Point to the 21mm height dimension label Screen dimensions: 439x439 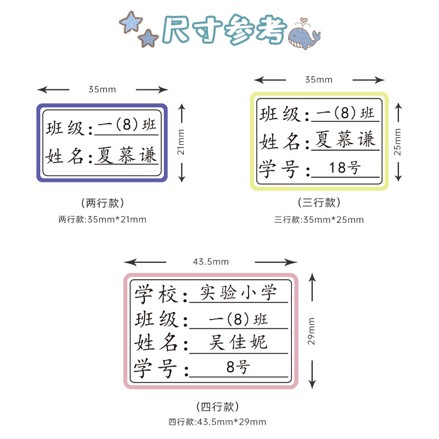coord(181,142)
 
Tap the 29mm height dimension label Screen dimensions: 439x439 coord(312,330)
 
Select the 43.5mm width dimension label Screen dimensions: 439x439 coord(211,262)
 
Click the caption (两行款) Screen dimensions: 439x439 coord(103,202)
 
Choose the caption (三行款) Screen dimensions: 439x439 coord(319,202)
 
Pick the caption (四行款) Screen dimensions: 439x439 coord(217,407)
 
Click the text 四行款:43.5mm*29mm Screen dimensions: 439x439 coord(217,422)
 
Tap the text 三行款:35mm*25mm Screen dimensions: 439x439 coord(319,220)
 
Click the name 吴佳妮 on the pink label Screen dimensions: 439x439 coord(238,342)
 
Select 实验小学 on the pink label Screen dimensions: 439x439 coord(238,292)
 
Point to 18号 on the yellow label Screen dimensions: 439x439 coord(345,168)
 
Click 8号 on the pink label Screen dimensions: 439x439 coord(238,367)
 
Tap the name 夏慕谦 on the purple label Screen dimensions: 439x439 coord(126,155)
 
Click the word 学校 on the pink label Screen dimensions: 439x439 coord(156,294)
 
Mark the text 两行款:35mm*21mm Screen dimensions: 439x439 coord(103,220)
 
